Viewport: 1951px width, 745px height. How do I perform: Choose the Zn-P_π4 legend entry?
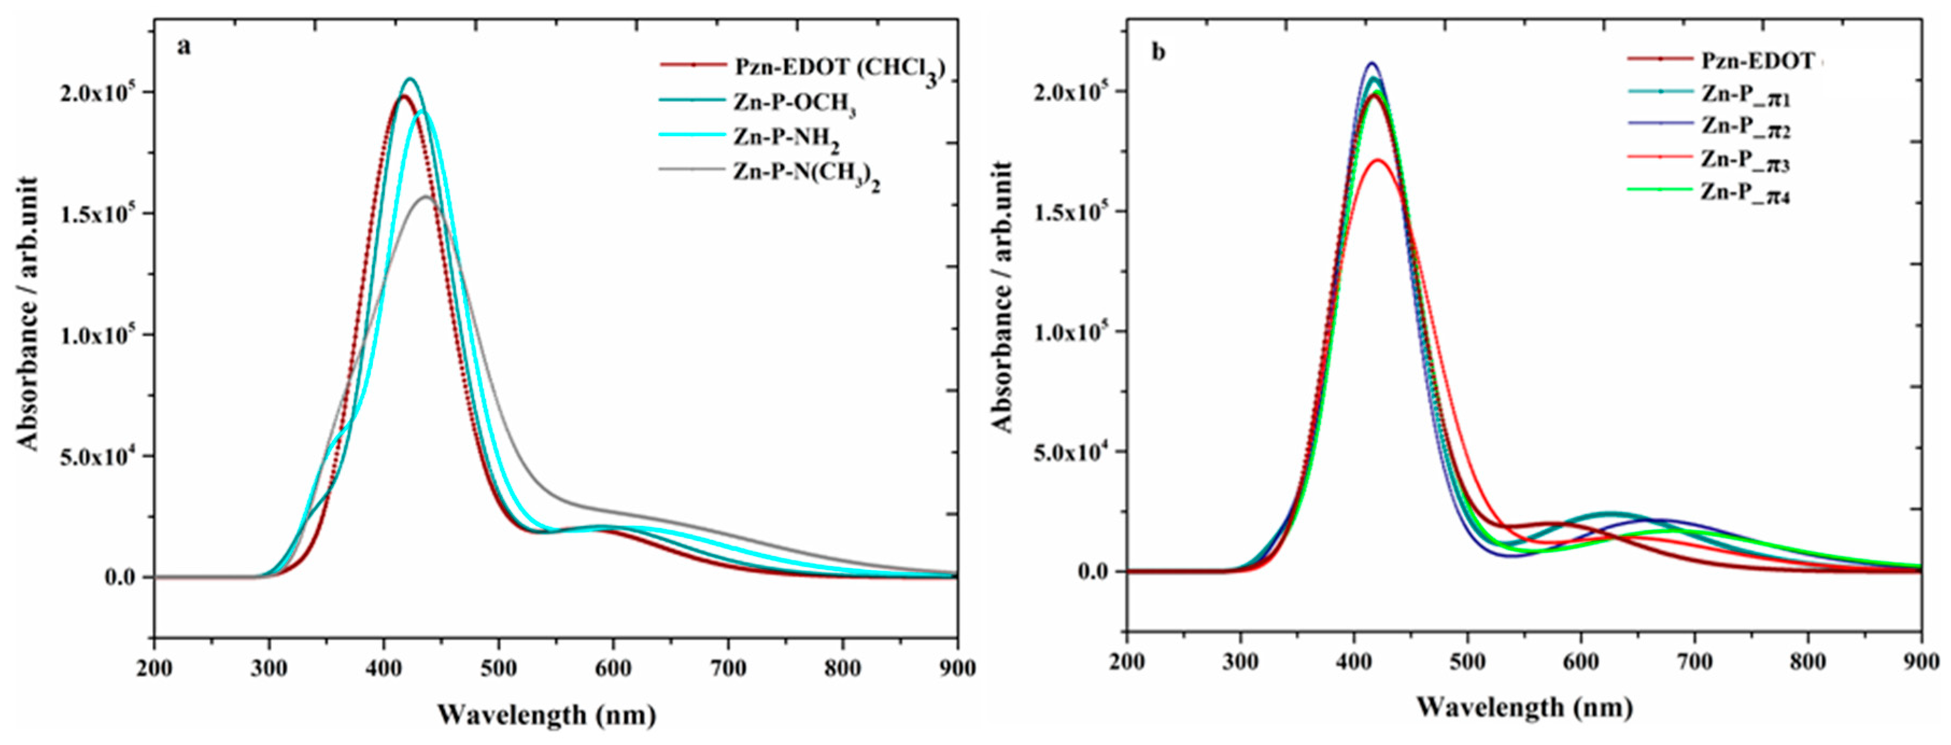pos(1746,193)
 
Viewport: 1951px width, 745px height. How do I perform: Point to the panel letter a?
pos(184,47)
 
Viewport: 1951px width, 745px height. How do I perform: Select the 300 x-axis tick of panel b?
pos(1240,662)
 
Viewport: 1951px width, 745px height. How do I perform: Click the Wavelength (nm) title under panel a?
pos(546,715)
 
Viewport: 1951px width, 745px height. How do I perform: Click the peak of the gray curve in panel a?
pos(426,197)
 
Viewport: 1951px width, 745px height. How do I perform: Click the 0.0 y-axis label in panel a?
pos(119,578)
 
